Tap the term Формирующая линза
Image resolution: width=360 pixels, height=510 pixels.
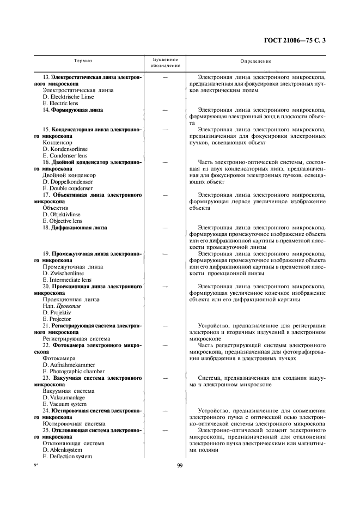(x=77, y=110)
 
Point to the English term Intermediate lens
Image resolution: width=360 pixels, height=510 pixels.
(x=67, y=280)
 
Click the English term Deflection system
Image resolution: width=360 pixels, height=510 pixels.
(x=68, y=456)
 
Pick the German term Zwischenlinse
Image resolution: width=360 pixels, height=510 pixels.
(x=64, y=273)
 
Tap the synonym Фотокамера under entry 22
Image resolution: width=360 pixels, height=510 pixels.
(x=59, y=358)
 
